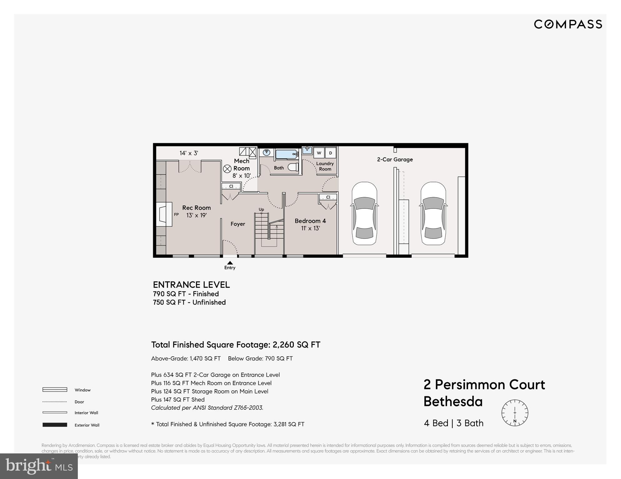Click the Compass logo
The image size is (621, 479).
[568, 24]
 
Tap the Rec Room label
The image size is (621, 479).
[196, 208]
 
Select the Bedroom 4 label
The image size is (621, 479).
[310, 221]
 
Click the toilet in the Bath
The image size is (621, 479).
[293, 168]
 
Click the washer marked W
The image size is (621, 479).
[319, 153]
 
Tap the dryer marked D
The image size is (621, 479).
[330, 153]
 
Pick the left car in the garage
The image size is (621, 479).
[364, 214]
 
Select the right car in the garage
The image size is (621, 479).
[433, 214]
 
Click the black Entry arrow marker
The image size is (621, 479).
[230, 263]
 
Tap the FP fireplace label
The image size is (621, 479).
[176, 214]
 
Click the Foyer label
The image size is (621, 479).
[238, 224]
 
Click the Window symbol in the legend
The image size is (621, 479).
[55, 390]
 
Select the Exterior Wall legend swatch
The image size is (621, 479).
[55, 425]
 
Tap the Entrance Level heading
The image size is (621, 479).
[191, 285]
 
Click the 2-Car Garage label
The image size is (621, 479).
[395, 159]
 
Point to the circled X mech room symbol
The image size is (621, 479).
[227, 169]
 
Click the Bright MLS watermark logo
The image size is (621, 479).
[39, 466]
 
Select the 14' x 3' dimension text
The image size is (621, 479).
[189, 153]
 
